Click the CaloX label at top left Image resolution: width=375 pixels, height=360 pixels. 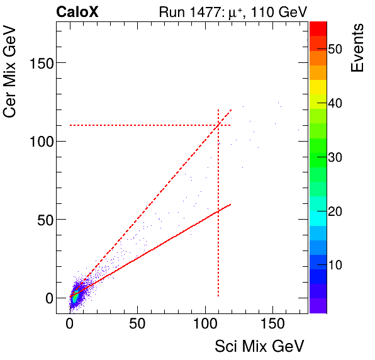77,11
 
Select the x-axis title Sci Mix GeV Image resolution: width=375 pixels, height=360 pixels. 259,346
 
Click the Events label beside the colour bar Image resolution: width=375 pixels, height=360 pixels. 358,48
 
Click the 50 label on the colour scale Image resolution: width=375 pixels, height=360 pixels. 326,49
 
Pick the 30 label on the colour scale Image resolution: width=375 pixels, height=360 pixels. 326,157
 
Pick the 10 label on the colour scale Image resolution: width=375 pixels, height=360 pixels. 326,265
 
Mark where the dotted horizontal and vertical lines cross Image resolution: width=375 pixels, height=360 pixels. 218,125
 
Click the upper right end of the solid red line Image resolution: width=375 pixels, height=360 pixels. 231,204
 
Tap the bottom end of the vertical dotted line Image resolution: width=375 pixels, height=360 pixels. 218,296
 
